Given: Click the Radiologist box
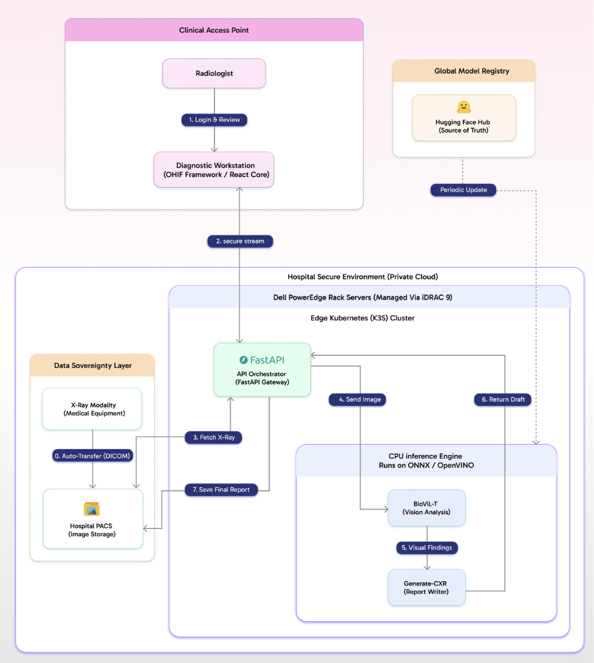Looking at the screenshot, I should click(x=214, y=74).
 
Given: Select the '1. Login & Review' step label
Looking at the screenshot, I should click(x=214, y=120).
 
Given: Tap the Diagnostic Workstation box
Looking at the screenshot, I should click(x=214, y=169).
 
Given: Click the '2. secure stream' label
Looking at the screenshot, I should click(x=240, y=241).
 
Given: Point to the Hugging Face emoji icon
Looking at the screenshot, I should click(x=463, y=107).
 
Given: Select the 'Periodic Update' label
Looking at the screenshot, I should click(x=463, y=190).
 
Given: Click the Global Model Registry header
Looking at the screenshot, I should click(x=463, y=71).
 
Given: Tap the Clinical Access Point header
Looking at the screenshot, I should click(x=214, y=30).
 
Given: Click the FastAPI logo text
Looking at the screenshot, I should click(x=262, y=360).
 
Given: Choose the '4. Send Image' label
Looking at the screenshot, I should click(x=357, y=400).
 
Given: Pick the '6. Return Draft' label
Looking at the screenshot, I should click(x=503, y=400).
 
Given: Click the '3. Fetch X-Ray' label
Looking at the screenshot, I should click(x=214, y=437).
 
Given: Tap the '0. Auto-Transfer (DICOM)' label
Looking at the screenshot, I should click(x=93, y=455).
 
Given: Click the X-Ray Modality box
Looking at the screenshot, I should click(x=93, y=409).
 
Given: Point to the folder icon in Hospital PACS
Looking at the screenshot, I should click(x=93, y=509).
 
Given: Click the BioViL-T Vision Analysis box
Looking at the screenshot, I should click(x=426, y=508).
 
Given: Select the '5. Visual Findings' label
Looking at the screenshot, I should click(x=426, y=548).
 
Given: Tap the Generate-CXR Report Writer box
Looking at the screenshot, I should click(x=426, y=588).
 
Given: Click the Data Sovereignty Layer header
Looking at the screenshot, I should click(x=93, y=365).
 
